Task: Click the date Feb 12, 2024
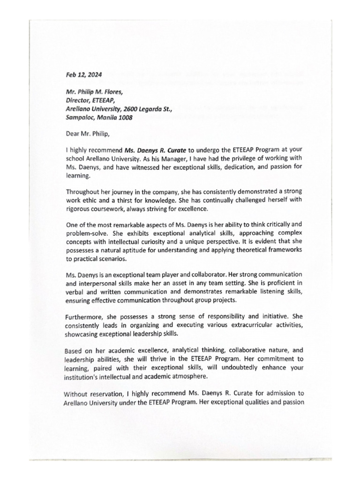click(x=83, y=74)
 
